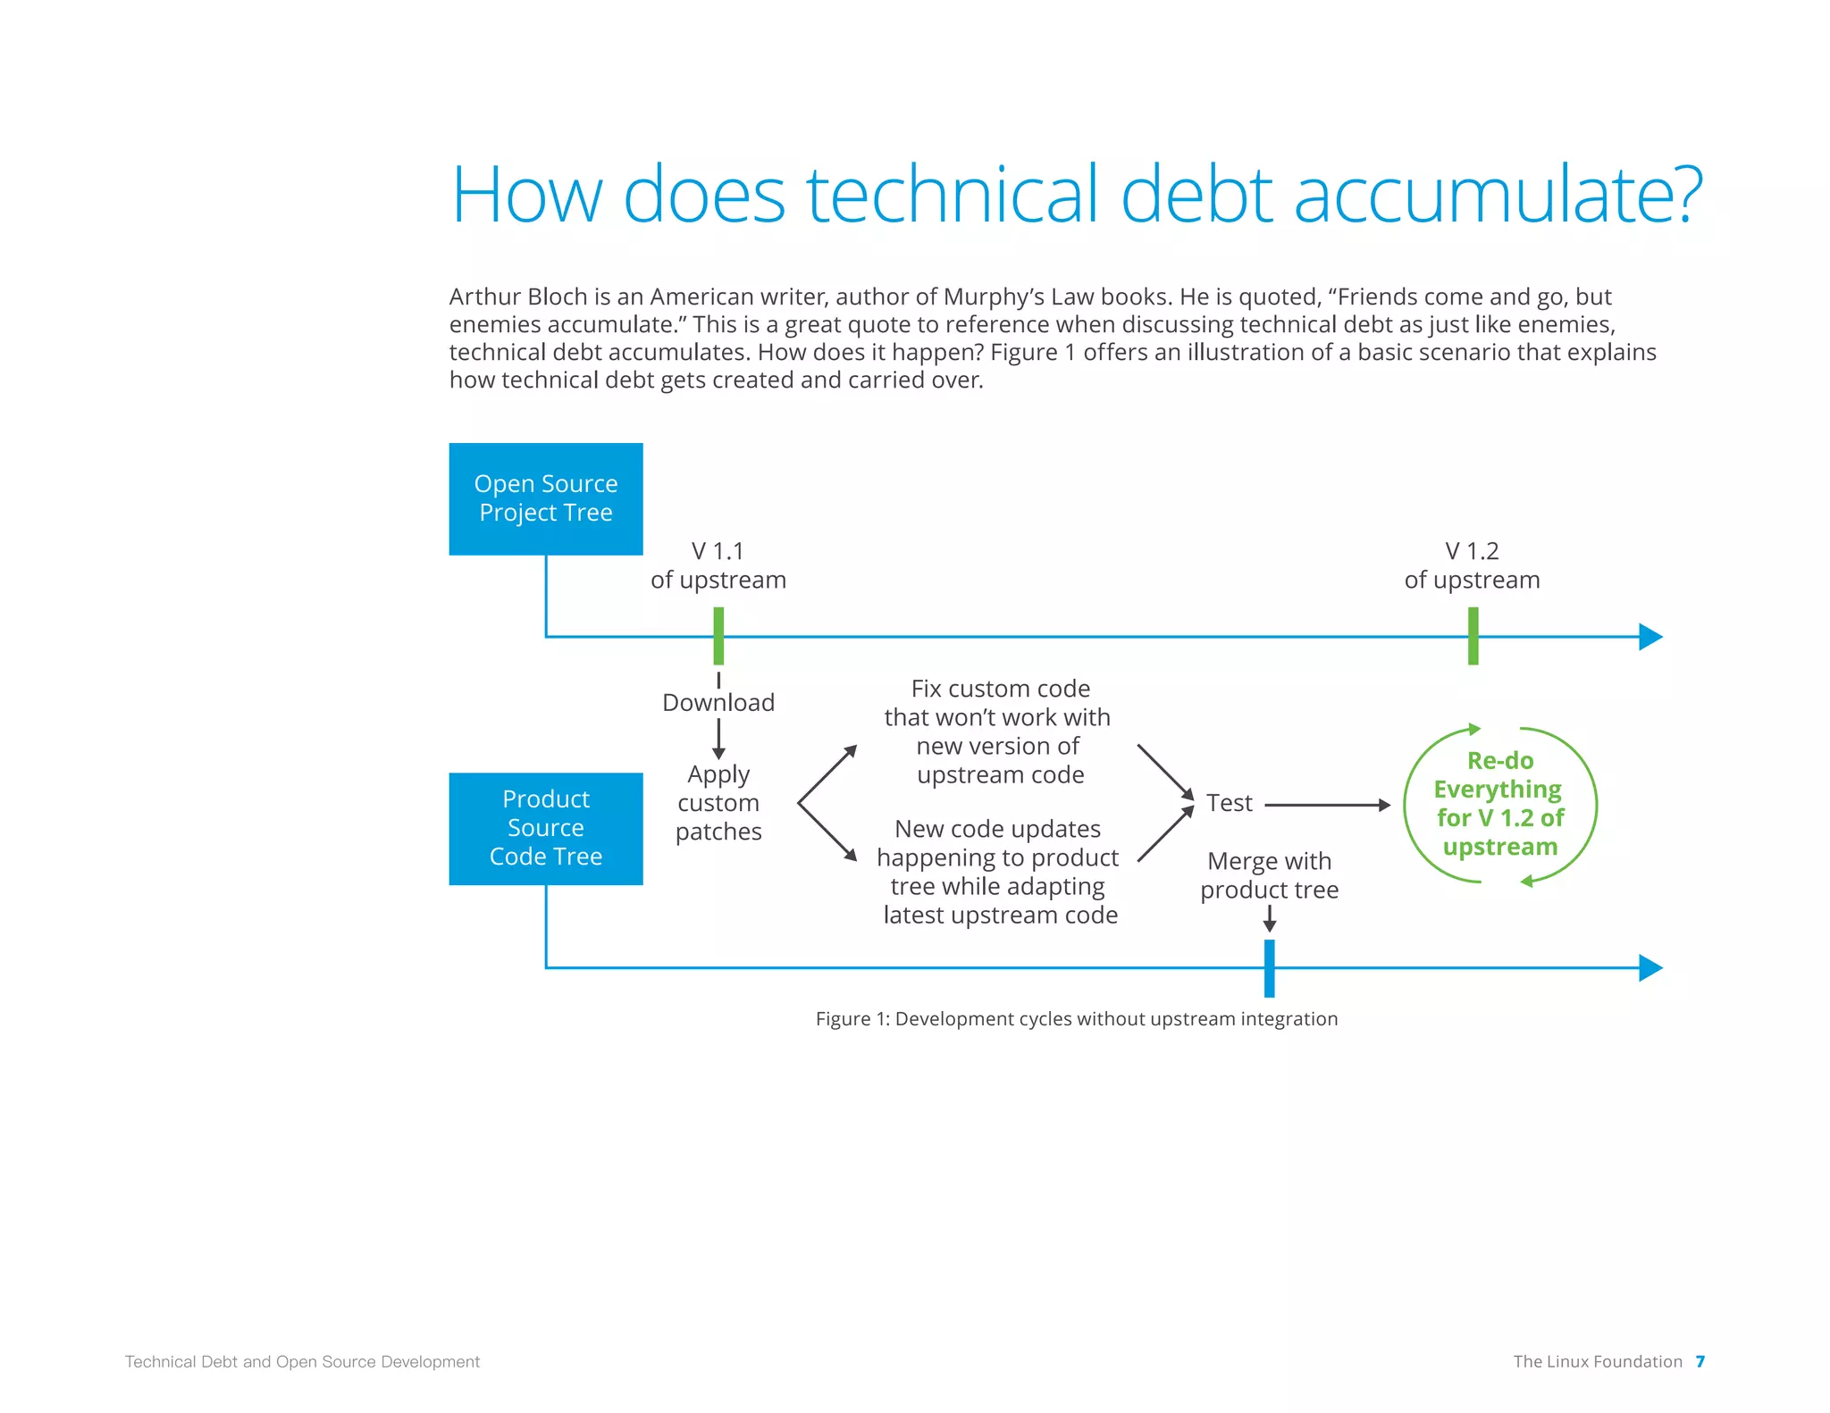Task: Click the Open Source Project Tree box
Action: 546,498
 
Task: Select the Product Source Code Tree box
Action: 546,828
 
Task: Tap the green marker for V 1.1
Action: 718,636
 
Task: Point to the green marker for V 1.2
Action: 1473,636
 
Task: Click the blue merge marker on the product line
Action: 1269,968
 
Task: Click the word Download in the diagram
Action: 718,703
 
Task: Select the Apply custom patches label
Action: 718,803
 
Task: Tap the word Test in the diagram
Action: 1230,803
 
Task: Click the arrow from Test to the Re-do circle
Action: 1328,805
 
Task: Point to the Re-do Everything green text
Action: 1500,804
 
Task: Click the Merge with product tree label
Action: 1269,875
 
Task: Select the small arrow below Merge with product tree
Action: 1269,919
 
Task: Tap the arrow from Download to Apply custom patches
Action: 718,740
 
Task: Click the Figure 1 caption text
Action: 1077,1019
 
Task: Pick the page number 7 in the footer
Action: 1700,1361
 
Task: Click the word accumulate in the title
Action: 1497,195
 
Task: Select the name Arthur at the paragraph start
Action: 483,297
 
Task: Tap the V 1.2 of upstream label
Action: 1472,565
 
